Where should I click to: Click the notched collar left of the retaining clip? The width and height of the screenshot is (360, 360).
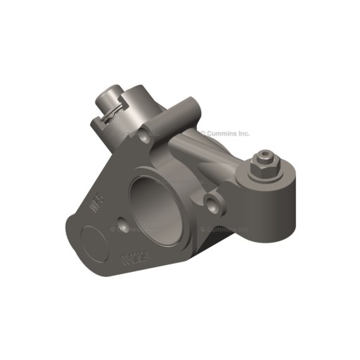pyautogui.click(x=101, y=121)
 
